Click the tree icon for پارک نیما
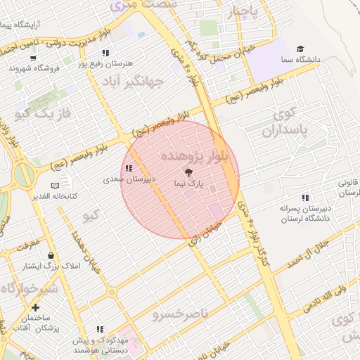click(x=188, y=172)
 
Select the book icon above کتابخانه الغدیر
click(x=56, y=186)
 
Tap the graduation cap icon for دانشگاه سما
click(x=301, y=49)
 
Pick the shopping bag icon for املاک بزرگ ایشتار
click(x=50, y=256)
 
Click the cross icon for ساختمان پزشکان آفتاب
click(x=36, y=308)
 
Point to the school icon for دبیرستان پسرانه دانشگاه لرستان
click(x=305, y=198)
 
